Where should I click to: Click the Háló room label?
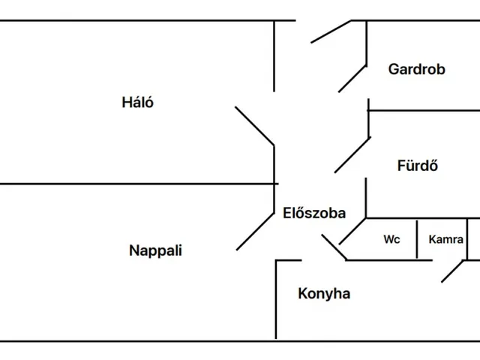tap(138, 103)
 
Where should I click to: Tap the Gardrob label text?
tap(416, 70)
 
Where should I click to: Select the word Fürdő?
tap(417, 166)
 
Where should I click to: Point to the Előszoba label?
tap(314, 213)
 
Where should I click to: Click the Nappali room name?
tap(155, 250)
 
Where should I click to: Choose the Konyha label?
tap(324, 293)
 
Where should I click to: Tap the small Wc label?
tap(391, 240)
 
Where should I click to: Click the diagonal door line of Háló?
tap(255, 124)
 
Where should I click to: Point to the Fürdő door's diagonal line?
tap(352, 154)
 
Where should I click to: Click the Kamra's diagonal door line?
tap(453, 271)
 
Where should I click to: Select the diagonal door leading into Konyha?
tap(334, 247)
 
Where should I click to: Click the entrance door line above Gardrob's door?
tap(331, 31)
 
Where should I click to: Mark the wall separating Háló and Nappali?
tap(135, 183)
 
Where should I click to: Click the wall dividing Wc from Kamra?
tap(418, 238)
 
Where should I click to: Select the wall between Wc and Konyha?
tap(390, 260)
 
